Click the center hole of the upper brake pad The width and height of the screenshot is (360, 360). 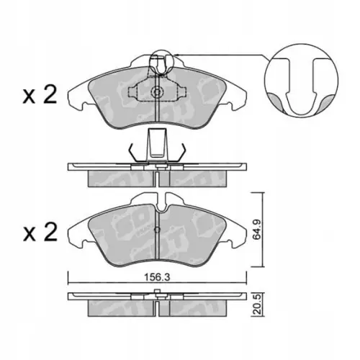click(x=158, y=92)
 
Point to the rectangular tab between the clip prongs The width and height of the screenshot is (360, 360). click(x=158, y=143)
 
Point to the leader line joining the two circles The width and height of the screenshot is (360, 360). click(x=216, y=55)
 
